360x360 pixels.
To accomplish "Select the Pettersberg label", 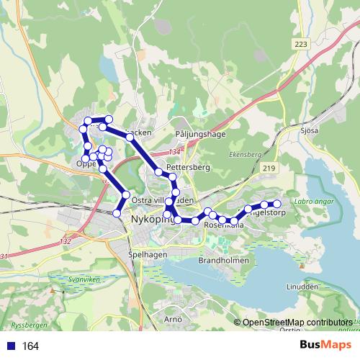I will (x=187, y=167).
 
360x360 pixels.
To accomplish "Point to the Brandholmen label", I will (x=223, y=261).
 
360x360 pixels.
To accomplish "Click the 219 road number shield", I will (x=269, y=168).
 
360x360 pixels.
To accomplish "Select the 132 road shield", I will (x=68, y=241).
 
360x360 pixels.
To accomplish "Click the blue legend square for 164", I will (x=12, y=346).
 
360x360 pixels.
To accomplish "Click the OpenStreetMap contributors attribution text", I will (x=297, y=323).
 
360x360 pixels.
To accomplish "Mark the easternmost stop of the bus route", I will (x=276, y=204).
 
